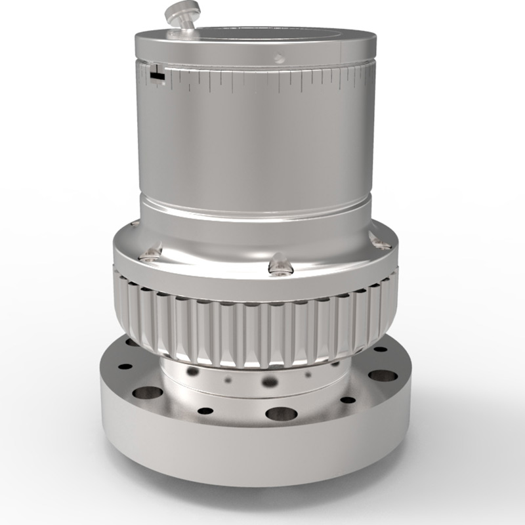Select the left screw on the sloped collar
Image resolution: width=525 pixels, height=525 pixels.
tap(154, 252)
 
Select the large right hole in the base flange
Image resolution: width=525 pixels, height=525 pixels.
tap(383, 376)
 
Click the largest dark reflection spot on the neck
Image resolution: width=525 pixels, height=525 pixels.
tap(270, 381)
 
